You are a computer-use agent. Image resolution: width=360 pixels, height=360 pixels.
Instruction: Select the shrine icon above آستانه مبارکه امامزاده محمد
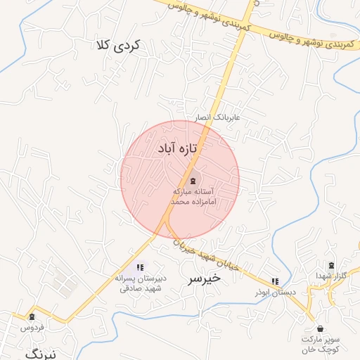193,180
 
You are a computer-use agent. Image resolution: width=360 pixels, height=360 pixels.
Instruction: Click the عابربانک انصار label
218,117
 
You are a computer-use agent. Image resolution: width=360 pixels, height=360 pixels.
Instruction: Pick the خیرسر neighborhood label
204,278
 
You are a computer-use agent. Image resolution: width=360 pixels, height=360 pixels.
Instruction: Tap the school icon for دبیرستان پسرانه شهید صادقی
141,267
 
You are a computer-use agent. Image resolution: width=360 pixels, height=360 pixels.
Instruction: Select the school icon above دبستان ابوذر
274,281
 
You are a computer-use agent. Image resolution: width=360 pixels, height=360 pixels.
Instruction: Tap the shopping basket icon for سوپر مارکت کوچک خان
320,328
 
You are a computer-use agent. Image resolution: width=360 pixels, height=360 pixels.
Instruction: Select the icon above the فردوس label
32,317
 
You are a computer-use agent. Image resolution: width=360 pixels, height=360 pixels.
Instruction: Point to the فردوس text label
32,328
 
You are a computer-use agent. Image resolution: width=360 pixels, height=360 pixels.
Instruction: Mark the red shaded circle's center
180,180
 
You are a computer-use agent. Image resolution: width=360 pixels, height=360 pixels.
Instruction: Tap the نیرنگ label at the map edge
41,354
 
